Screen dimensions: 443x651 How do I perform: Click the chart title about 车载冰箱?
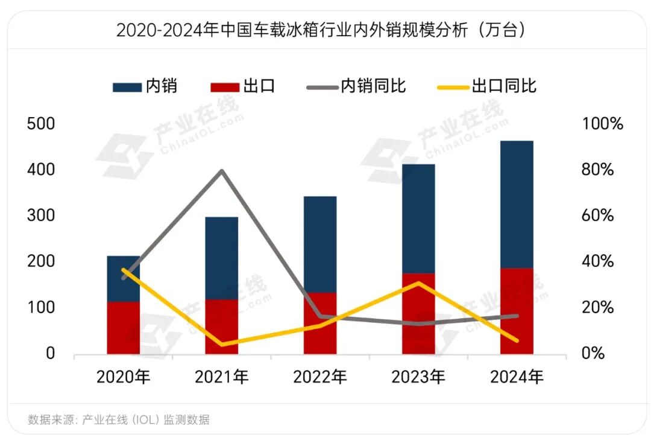[321, 30]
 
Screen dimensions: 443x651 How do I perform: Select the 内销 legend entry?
[145, 86]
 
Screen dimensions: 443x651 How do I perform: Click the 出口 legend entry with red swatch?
[244, 86]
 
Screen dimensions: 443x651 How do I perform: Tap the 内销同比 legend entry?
[357, 86]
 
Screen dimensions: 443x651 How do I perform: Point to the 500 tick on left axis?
[42, 124]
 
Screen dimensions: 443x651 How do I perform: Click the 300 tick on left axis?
[42, 215]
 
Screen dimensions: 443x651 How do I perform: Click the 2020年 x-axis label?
[124, 378]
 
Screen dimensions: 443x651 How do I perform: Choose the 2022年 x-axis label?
[320, 378]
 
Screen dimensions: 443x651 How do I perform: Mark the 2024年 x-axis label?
[517, 378]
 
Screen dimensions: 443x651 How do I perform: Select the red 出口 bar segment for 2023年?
[418, 313]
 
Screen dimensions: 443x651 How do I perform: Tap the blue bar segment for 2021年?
[222, 258]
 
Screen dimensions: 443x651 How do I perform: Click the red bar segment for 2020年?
[124, 328]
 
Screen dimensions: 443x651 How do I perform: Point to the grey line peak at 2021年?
[222, 171]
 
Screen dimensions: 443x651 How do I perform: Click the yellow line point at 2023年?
[418, 283]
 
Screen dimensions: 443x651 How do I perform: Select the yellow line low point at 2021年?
[222, 344]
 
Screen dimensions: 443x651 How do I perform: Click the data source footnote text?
[119, 420]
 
